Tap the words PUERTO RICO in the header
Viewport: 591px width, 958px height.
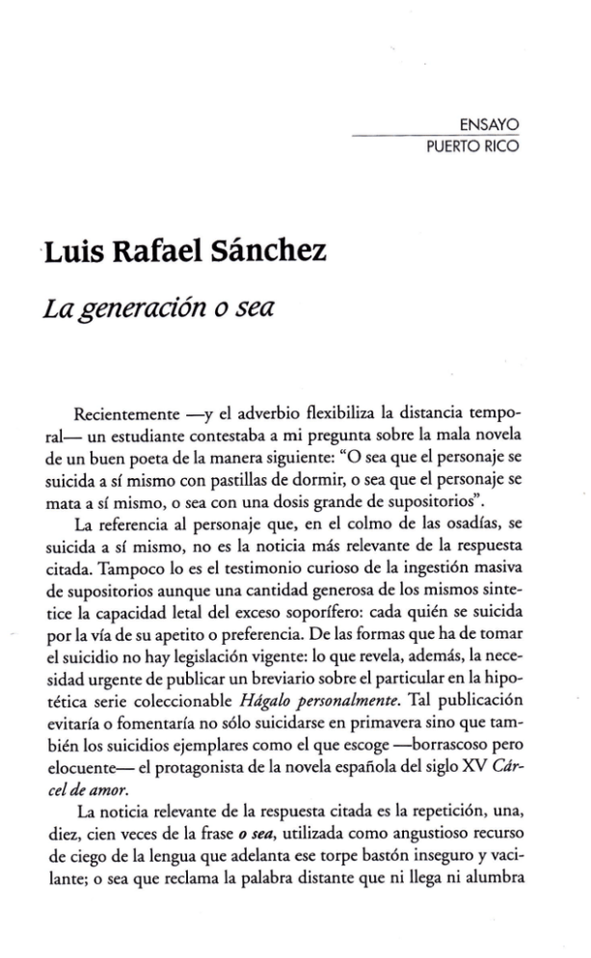(x=472, y=147)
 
